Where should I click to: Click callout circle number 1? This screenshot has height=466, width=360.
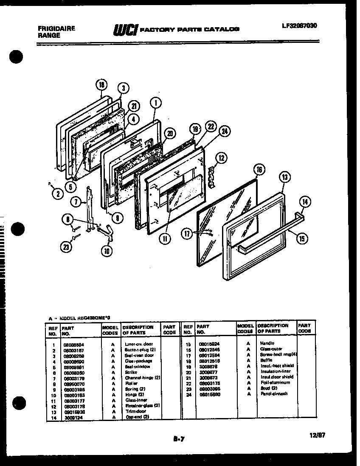[x=156, y=102]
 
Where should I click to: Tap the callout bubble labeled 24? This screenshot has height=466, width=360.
[x=225, y=132]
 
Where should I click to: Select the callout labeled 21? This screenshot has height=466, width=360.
[x=134, y=106]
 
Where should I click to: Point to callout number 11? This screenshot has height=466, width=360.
[x=164, y=239]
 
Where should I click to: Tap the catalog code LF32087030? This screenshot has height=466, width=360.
[x=299, y=25]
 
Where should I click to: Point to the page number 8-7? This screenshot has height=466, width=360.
[x=180, y=440]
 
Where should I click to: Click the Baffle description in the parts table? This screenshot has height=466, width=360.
[x=266, y=360]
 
